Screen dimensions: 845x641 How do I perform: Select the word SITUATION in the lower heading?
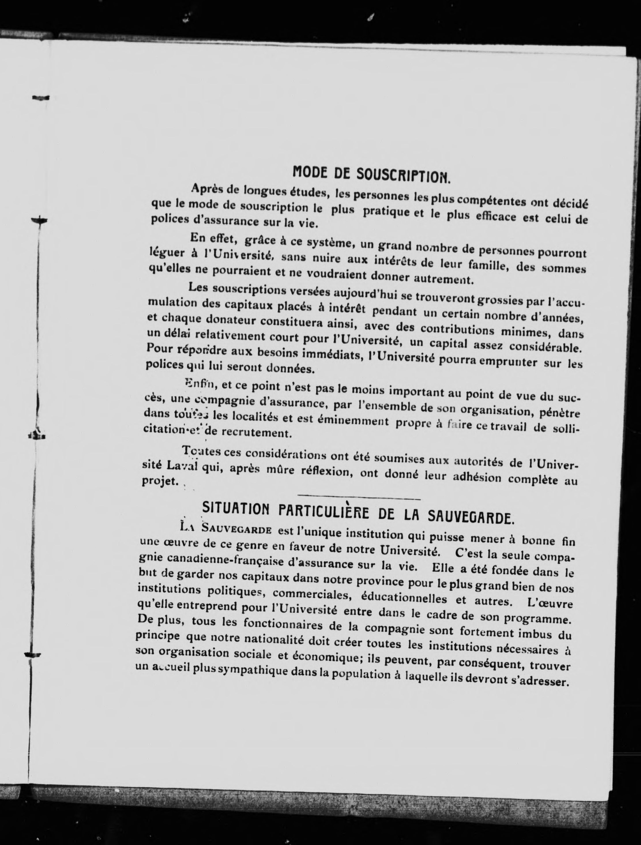point(225,509)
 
